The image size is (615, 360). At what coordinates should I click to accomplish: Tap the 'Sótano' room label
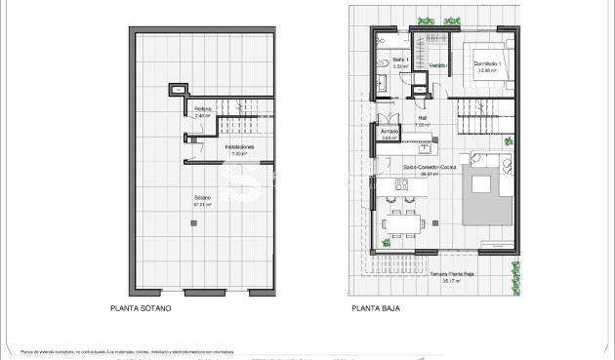tap(203, 202)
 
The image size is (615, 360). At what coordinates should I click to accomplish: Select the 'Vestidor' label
tap(438, 65)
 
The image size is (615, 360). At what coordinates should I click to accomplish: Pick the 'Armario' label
tap(389, 135)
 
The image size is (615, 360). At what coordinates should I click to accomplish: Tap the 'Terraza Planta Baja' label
tap(451, 275)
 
